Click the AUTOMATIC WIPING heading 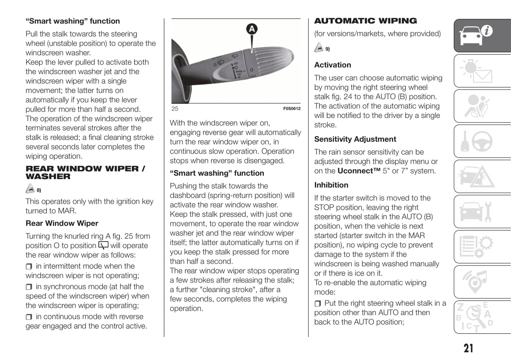pyautogui.click(x=365, y=21)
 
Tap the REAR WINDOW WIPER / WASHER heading pyautogui.click(x=85, y=172)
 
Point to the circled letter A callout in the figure pyautogui.click(x=251, y=29)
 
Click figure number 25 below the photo pyautogui.click(x=175, y=109)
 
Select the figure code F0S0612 pyautogui.click(x=291, y=109)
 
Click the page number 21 pyautogui.click(x=468, y=348)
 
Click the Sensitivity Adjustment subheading pyautogui.click(x=355, y=139)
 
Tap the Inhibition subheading pyautogui.click(x=331, y=185)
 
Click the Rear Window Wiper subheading pyautogui.click(x=62, y=223)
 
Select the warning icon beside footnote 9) pyautogui.click(x=319, y=48)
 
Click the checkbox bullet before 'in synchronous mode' pyautogui.click(x=29, y=287)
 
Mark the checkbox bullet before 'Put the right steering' pyautogui.click(x=318, y=303)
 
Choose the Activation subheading pyautogui.click(x=332, y=65)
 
